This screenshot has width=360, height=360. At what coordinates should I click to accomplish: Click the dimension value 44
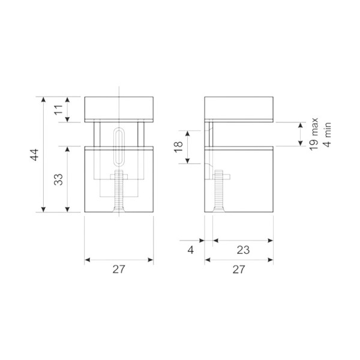[x=35, y=155]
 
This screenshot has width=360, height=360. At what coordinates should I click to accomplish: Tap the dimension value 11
[x=59, y=110]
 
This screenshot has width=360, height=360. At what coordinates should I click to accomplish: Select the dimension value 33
[x=59, y=179]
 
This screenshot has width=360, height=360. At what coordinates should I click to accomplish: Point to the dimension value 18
[x=178, y=147]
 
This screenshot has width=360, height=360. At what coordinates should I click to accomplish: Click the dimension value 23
[x=243, y=250]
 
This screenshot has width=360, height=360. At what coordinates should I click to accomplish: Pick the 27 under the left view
[x=119, y=269]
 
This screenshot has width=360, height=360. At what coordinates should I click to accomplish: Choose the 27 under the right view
[x=239, y=269]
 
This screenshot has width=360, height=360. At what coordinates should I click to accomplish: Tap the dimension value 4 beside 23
[x=191, y=250]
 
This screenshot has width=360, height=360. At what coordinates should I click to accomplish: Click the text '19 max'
[x=314, y=134]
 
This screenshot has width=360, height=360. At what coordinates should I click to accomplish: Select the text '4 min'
[x=328, y=134]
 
